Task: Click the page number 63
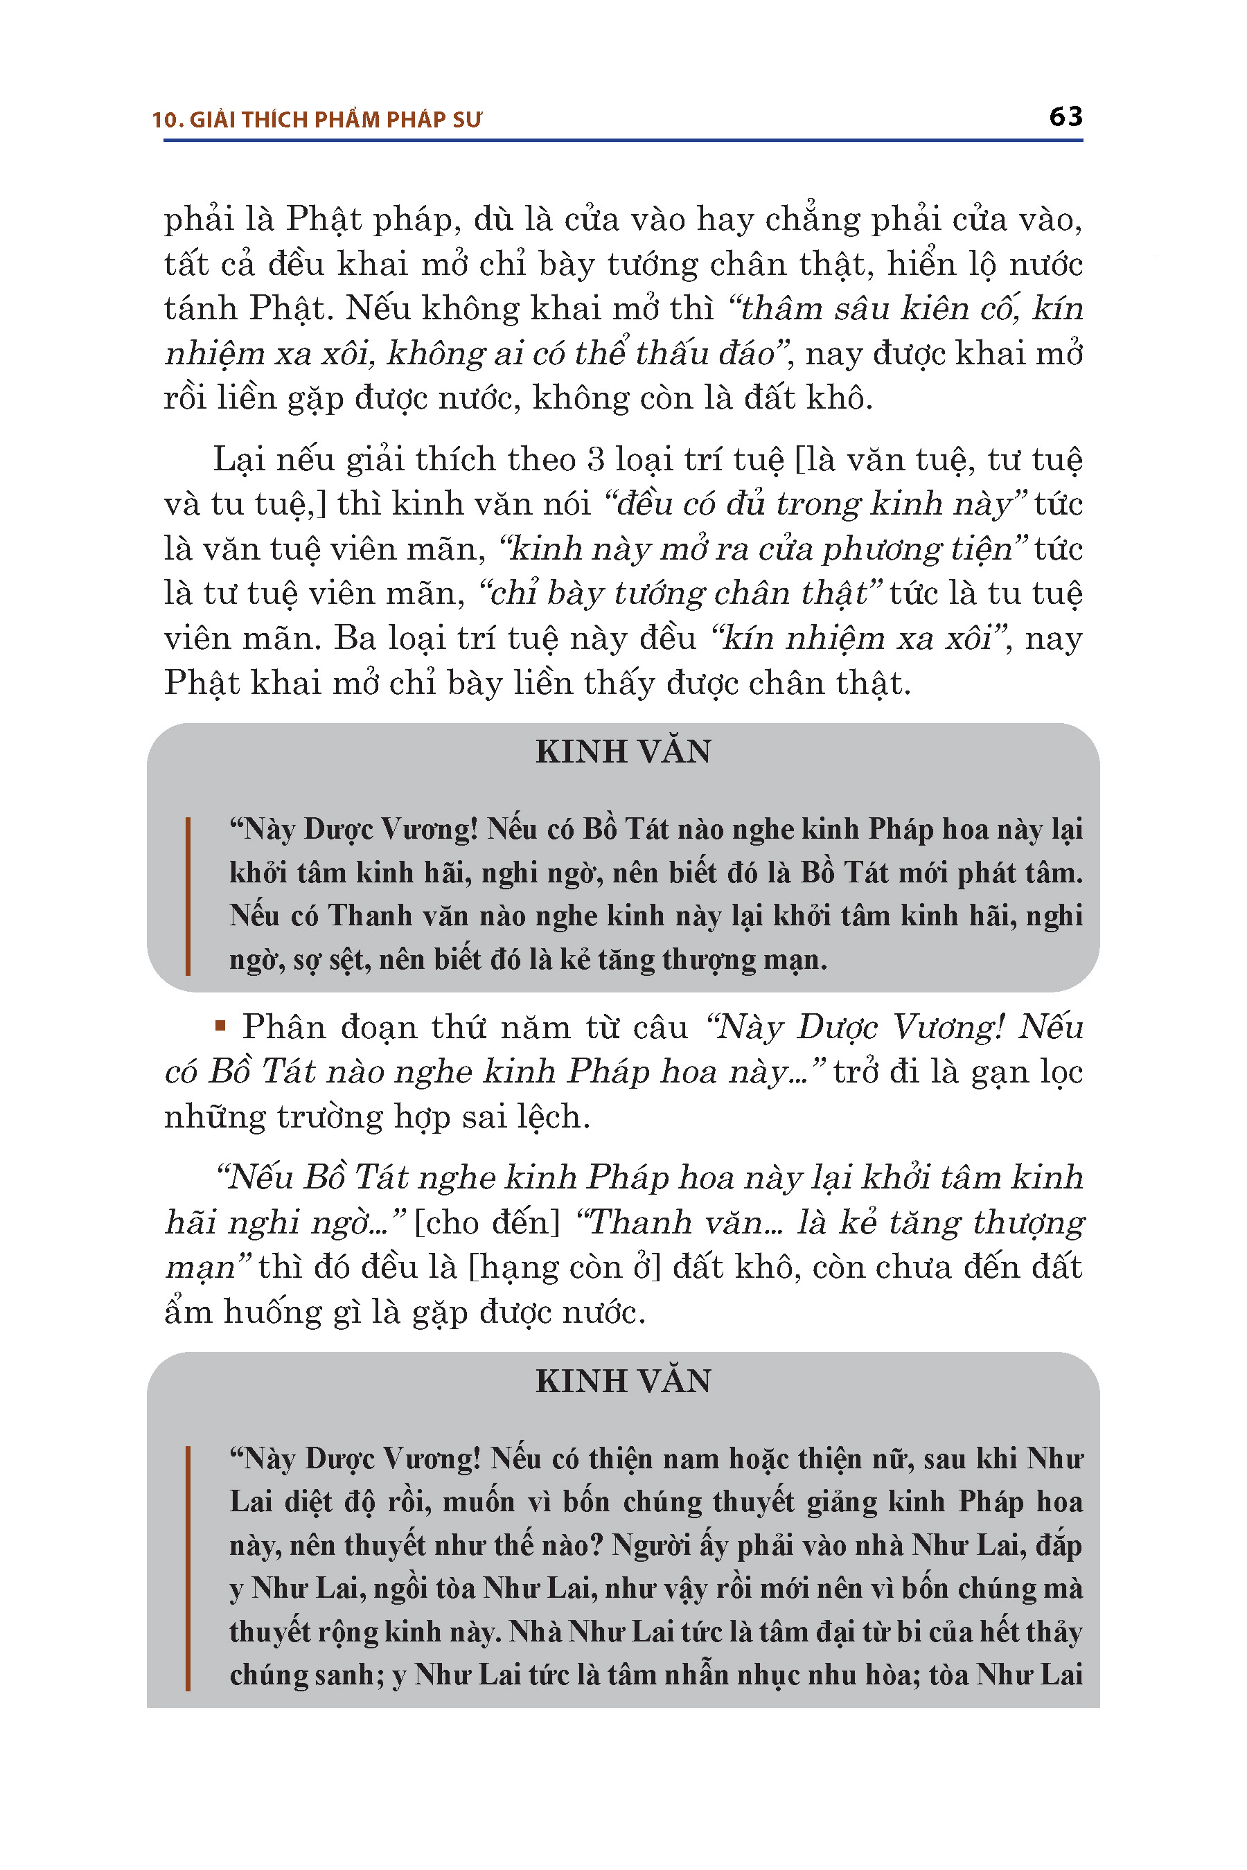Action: pos(1065,117)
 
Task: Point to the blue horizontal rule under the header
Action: pos(623,141)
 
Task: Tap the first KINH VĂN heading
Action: pos(623,751)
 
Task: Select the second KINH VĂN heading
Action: pos(623,1381)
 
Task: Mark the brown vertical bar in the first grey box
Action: pos(188,896)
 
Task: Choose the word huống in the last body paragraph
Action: pos(264,1312)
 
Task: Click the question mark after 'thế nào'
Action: pos(597,1544)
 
